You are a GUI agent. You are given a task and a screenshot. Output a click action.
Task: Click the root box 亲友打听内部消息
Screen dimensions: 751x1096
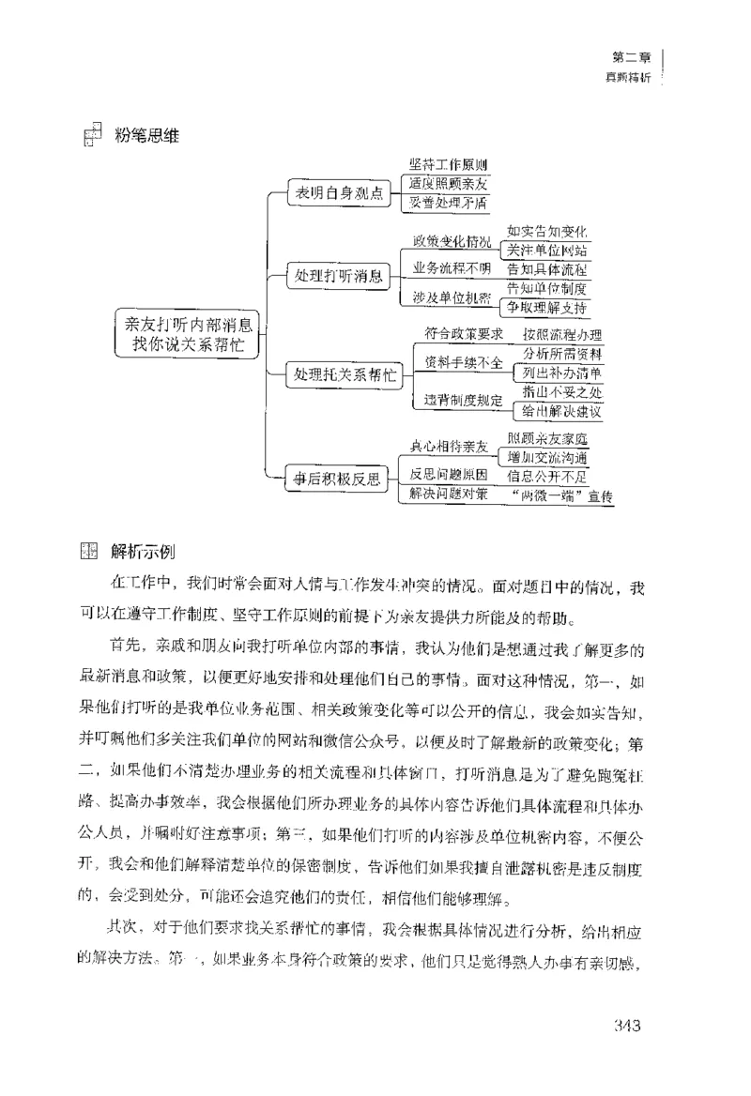tap(189, 333)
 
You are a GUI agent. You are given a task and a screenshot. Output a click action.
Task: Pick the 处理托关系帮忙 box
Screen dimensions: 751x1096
tap(345, 374)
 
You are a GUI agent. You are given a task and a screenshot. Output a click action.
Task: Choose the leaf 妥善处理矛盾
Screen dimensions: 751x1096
tap(448, 202)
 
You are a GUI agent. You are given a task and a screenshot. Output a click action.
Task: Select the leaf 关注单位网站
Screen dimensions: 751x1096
tap(547, 250)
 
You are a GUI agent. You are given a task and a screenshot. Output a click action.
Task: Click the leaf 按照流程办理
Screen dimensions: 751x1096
tap(561, 335)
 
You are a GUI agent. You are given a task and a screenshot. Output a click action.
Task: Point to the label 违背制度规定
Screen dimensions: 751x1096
tap(456, 400)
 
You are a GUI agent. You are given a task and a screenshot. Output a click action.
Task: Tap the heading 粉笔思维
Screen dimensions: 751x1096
tap(146, 137)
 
